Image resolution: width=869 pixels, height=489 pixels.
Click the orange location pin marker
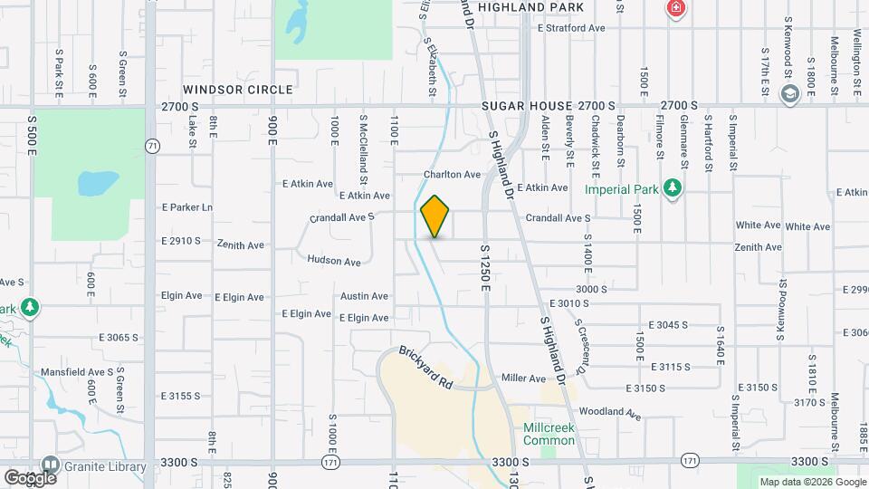[435, 216]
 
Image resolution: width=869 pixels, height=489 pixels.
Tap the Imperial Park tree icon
[672, 188]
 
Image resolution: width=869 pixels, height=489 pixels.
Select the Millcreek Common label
[549, 434]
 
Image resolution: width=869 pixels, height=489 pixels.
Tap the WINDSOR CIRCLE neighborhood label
[238, 90]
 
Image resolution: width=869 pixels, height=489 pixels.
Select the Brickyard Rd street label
[425, 367]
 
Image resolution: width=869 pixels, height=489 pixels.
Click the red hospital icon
[674, 10]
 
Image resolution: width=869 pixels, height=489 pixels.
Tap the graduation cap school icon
[789, 93]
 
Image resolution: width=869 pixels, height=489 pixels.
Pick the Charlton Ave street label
[452, 174]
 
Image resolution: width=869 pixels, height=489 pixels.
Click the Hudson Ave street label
[334, 261]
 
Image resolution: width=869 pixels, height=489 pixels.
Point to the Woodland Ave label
[610, 413]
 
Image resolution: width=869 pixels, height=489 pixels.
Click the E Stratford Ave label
[570, 28]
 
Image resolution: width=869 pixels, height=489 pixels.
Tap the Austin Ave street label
[364, 296]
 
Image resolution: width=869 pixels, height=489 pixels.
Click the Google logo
[30, 476]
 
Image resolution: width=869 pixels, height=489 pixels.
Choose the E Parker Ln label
[187, 207]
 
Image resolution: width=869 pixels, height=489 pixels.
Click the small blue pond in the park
[98, 183]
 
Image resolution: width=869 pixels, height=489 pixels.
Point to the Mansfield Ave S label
[77, 371]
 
